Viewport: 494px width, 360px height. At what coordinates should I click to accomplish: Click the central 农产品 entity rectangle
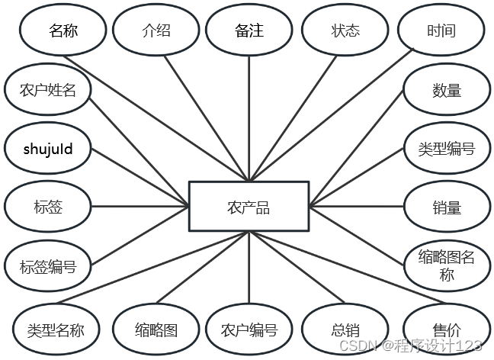point(249,206)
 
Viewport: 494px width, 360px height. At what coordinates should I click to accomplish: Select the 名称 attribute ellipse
point(63,31)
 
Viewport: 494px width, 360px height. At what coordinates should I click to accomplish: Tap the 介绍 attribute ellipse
point(156,31)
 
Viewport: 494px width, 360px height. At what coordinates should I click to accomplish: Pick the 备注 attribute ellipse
point(249,31)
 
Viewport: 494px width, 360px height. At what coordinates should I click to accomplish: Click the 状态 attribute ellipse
point(345,31)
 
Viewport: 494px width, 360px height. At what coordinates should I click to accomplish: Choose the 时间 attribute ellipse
point(441,31)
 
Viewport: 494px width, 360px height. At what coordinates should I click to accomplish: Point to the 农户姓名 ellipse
point(48,90)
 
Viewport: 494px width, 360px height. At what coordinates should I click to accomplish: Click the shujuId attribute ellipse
point(48,149)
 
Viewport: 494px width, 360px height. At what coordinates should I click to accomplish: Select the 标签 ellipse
point(48,207)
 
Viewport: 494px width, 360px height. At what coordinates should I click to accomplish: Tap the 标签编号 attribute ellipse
point(48,266)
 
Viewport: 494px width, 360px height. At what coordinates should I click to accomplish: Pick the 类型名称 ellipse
point(55,330)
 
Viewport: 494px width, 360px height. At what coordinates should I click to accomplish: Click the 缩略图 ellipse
point(156,330)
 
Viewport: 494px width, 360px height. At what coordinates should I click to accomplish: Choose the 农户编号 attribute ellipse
point(249,330)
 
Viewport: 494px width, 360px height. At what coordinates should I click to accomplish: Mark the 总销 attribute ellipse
point(345,330)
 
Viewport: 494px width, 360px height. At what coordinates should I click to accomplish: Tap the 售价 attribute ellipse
point(447,330)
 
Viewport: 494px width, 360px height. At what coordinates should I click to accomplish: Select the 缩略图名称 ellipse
point(447,265)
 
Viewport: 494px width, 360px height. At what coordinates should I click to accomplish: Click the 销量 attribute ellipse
point(447,207)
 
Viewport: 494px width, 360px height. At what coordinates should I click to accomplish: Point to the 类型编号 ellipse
point(447,149)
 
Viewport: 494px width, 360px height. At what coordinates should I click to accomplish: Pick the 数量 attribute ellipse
point(447,90)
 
